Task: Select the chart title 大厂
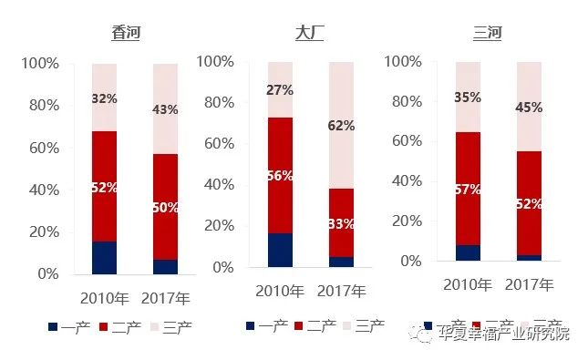click(x=309, y=34)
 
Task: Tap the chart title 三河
click(x=487, y=34)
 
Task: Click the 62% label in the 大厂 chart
click(x=341, y=126)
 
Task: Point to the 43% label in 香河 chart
click(x=165, y=109)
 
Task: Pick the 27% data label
click(x=279, y=90)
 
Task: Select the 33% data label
click(x=341, y=222)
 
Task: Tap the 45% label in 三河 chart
click(x=529, y=107)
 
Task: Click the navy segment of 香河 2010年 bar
click(x=104, y=257)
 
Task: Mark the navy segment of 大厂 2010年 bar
click(x=280, y=250)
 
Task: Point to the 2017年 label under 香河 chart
click(x=165, y=298)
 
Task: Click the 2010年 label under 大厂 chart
click(x=280, y=292)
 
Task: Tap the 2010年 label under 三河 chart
click(x=468, y=285)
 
